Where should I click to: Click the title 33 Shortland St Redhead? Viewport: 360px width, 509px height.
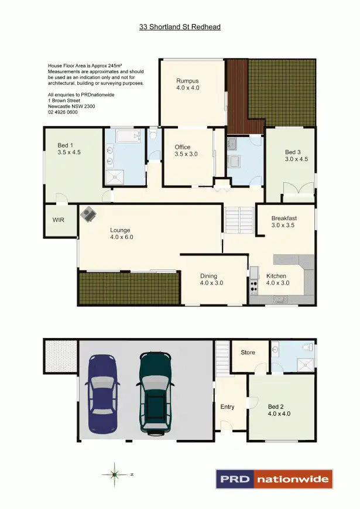click(x=180, y=27)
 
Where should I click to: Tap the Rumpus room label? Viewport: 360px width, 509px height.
click(x=187, y=84)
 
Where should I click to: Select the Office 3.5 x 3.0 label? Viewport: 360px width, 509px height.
click(x=187, y=151)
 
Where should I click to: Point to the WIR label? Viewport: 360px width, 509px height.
click(x=59, y=220)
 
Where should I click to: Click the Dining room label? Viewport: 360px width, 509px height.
click(x=211, y=279)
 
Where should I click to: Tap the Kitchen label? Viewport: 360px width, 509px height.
click(x=277, y=279)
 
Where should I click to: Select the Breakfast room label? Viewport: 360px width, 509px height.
click(x=284, y=221)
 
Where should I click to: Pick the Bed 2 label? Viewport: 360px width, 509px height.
click(x=279, y=410)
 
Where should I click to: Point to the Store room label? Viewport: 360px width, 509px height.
click(x=248, y=353)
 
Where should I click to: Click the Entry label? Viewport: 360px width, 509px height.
click(x=227, y=407)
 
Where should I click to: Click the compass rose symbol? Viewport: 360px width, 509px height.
click(x=115, y=474)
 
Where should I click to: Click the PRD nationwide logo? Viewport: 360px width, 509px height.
click(x=273, y=479)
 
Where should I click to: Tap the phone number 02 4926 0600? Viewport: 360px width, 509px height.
click(x=63, y=112)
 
